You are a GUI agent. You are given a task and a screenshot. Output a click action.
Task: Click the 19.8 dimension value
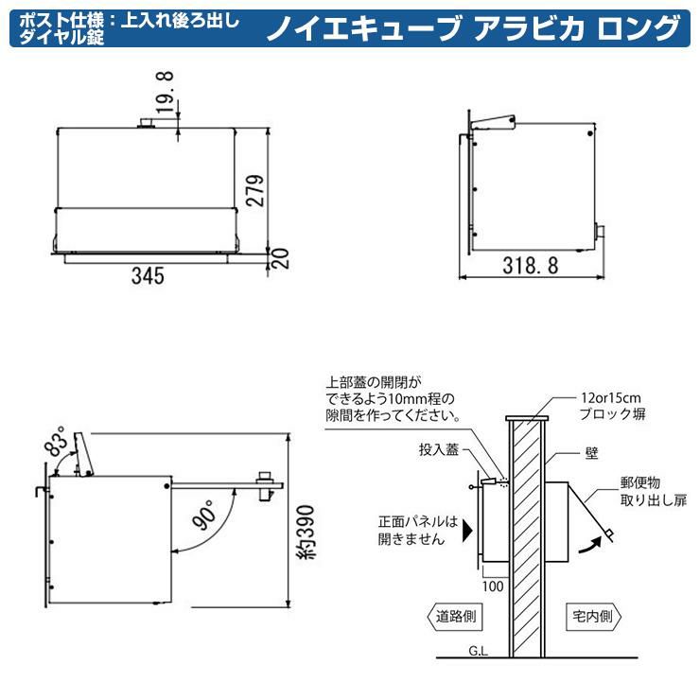[x=165, y=92]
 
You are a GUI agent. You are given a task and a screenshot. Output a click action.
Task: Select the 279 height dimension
[x=255, y=190]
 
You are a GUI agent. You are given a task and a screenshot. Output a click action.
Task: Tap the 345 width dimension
[x=148, y=275]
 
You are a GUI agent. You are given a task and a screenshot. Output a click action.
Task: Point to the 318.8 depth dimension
[x=531, y=266]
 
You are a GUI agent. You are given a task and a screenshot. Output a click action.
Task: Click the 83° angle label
[x=57, y=441]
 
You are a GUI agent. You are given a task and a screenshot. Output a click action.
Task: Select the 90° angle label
[x=203, y=515]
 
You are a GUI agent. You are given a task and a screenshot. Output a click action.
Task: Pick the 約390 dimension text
[x=306, y=532]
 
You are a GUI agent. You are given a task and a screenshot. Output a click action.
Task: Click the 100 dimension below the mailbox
[x=493, y=586]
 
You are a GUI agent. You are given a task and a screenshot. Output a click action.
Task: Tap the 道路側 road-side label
[x=456, y=617]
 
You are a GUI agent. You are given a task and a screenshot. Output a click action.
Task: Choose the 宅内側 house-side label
[x=593, y=617]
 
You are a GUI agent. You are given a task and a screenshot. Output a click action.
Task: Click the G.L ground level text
[x=478, y=651]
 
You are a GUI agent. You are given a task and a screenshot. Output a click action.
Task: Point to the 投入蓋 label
[x=439, y=449]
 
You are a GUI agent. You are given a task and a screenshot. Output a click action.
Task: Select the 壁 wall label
[x=591, y=454]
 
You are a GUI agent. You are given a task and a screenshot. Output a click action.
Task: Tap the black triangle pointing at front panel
[x=467, y=530]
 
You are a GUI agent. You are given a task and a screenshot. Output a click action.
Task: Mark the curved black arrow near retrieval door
[x=590, y=544]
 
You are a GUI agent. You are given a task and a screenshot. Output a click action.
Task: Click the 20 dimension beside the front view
[x=280, y=258]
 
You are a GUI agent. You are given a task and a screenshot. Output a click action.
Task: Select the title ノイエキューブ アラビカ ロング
[x=474, y=27]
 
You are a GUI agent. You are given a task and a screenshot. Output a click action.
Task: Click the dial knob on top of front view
[x=146, y=123]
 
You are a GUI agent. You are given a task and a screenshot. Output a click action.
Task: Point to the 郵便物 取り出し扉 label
[x=653, y=491]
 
